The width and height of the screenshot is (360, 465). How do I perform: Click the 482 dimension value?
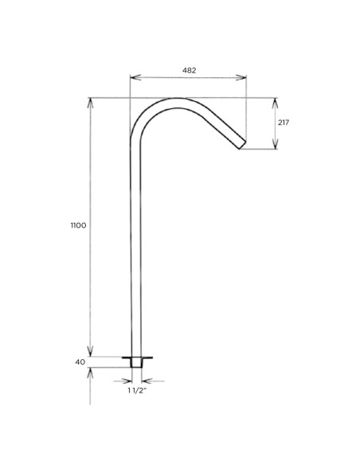coord(190,70)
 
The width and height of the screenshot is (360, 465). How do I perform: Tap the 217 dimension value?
coord(284,123)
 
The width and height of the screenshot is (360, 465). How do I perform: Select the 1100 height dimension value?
coord(78,226)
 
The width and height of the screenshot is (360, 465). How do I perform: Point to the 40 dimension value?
coord(80,361)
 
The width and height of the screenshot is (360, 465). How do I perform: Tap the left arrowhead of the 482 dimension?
coord(133,78)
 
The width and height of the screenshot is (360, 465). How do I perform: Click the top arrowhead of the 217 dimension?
coord(275,101)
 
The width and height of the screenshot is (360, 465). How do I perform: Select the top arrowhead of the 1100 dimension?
coord(91,101)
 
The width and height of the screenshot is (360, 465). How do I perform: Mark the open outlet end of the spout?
coord(242,145)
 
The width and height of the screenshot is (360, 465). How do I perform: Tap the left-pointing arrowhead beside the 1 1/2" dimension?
coord(128,379)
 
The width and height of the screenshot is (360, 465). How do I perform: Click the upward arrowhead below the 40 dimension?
coord(91,371)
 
